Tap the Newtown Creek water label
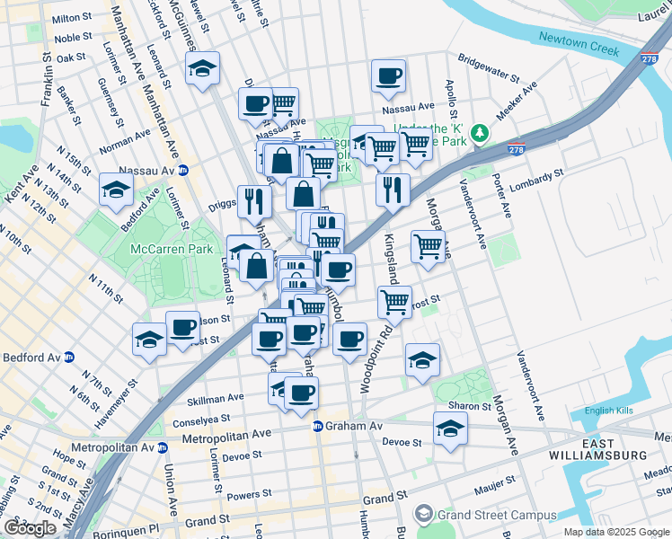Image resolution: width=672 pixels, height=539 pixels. coord(579,44)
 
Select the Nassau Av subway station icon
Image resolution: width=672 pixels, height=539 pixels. coord(183,170)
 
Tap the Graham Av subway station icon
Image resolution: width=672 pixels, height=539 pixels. coord(318,426)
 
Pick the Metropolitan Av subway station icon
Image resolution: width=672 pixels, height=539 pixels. coord(163,446)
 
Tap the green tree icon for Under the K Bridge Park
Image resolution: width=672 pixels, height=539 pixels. coord(481,133)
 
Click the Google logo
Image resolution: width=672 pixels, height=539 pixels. coord(30,528)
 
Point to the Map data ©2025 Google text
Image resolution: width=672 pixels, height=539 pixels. coord(616,532)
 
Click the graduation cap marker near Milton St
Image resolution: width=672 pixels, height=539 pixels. coord(204,68)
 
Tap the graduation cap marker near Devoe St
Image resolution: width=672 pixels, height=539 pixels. coord(450,429)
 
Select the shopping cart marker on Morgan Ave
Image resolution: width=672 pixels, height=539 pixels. coord(429,245)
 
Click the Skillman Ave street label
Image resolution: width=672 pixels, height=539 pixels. coord(215,397)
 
